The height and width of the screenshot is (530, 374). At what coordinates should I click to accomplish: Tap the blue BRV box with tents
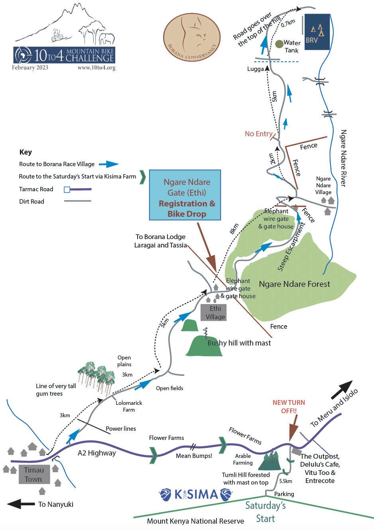pyautogui.click(x=317, y=32)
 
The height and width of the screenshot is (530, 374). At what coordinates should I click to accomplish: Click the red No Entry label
pyautogui.click(x=258, y=134)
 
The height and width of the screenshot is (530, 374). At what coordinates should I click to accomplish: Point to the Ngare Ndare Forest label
pyautogui.click(x=294, y=284)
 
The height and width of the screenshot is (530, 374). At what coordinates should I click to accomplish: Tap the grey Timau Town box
pyautogui.click(x=33, y=475)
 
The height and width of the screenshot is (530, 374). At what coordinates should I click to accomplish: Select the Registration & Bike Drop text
pyautogui.click(x=187, y=208)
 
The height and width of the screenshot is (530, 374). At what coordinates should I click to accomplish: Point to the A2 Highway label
pyautogui.click(x=96, y=453)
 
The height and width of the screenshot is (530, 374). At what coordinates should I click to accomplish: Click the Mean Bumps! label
pyautogui.click(x=194, y=456)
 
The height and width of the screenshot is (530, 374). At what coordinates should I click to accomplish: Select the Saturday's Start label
pyautogui.click(x=266, y=512)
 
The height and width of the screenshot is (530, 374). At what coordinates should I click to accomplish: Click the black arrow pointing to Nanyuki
pyautogui.click(x=21, y=504)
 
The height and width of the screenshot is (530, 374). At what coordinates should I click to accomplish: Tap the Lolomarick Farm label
pyautogui.click(x=129, y=406)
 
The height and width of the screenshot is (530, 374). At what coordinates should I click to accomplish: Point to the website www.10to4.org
pyautogui.click(x=96, y=68)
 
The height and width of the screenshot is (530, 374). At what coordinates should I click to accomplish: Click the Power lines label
pyautogui.click(x=120, y=429)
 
